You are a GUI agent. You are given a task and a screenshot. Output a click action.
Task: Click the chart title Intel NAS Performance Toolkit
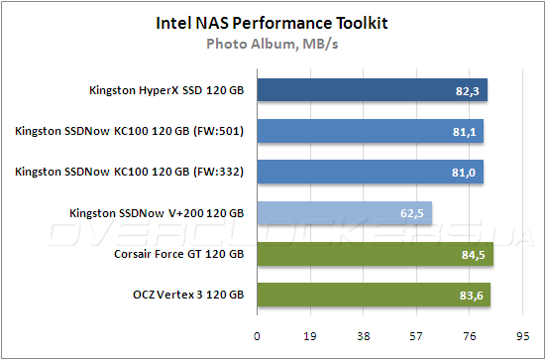272,22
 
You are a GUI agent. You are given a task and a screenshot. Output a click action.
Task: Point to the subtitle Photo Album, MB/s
272,43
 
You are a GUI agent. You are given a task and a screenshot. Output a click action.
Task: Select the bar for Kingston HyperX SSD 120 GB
372,91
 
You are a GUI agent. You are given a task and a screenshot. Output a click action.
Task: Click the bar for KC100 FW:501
370,132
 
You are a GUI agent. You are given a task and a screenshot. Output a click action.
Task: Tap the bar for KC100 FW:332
370,173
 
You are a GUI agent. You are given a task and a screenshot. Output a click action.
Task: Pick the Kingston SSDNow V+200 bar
344,213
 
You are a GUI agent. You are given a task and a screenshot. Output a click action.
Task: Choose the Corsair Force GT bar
375,254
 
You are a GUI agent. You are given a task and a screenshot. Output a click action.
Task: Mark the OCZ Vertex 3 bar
373,295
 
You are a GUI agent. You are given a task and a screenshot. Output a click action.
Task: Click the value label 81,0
465,174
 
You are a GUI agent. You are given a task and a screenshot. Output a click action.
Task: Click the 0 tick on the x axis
258,335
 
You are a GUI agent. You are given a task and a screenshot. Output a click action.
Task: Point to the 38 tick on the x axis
364,335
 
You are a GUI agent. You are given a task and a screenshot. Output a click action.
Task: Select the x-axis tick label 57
416,335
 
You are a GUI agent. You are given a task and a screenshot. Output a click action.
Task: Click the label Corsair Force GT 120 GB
180,255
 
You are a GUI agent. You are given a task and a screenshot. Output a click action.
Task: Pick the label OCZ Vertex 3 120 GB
188,296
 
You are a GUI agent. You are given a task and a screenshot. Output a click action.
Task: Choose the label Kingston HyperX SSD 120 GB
165,92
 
